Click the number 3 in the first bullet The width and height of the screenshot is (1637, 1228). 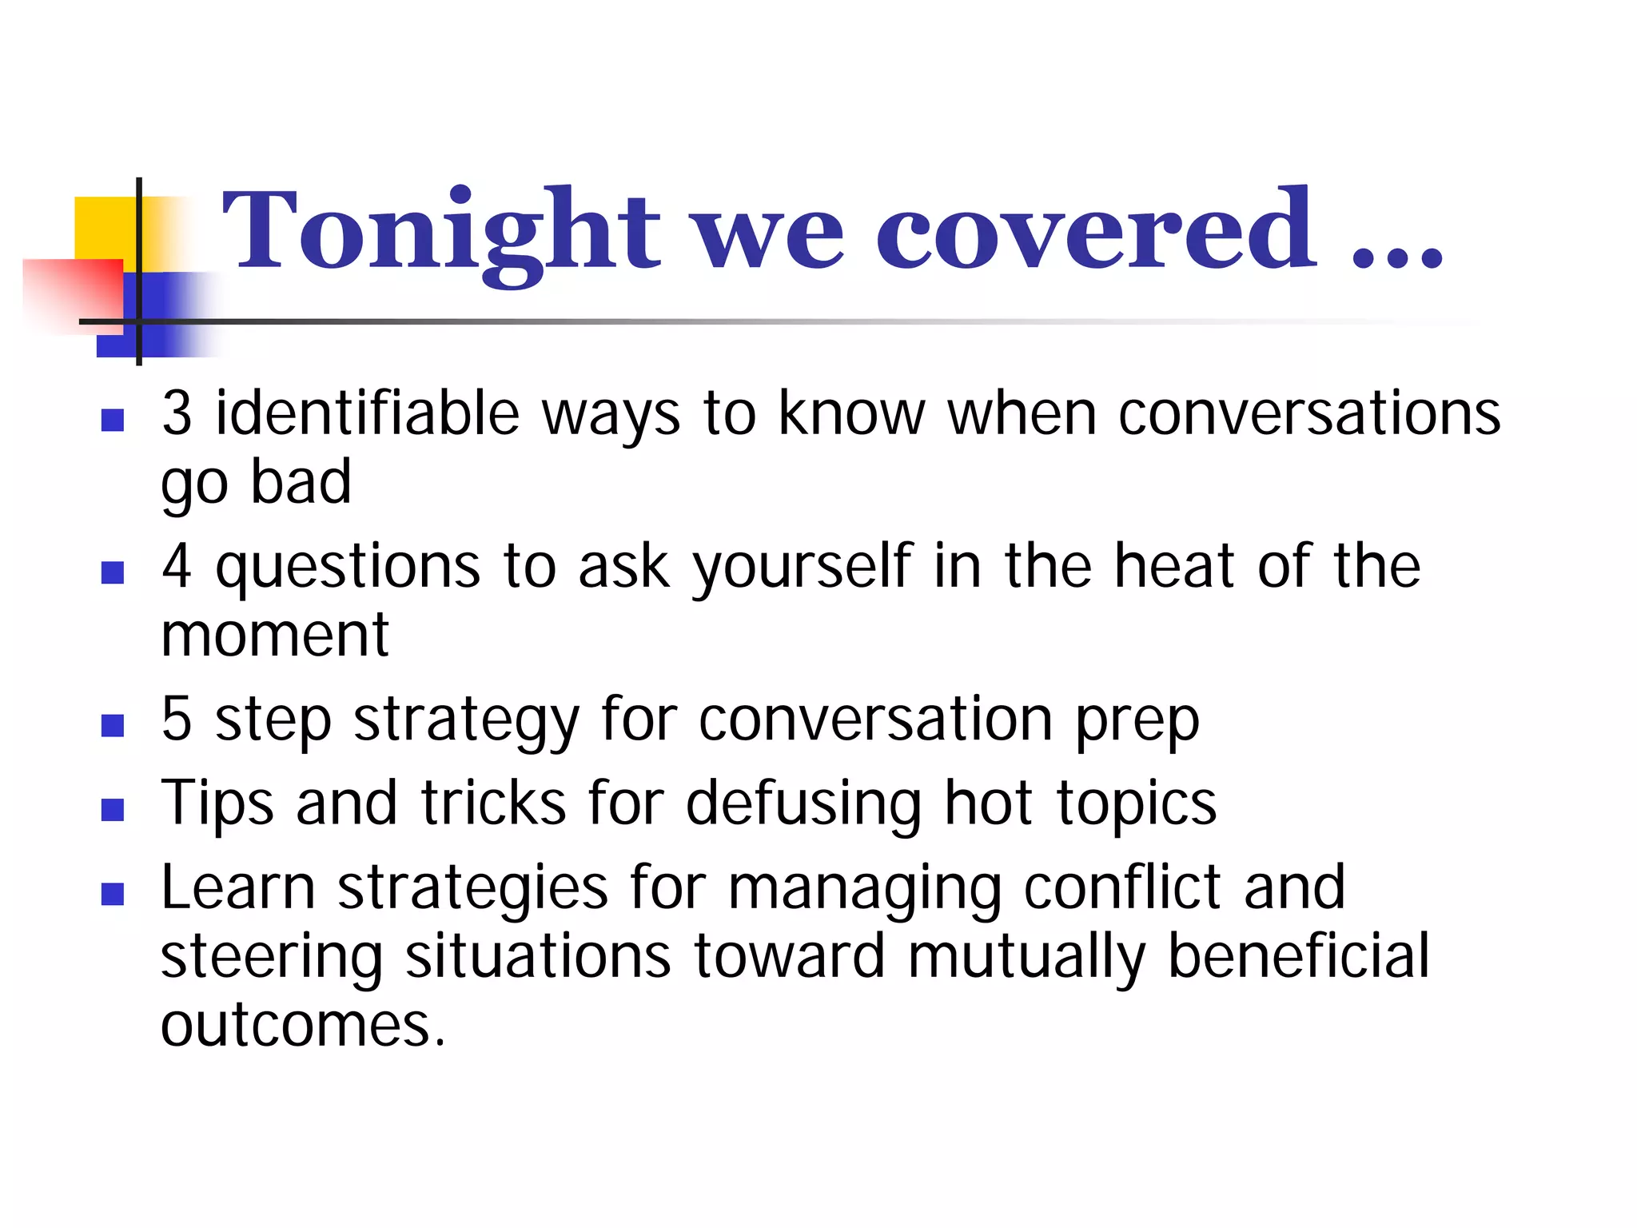(x=177, y=413)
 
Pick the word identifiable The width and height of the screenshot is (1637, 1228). (x=368, y=413)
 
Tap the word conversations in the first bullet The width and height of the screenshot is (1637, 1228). (x=1308, y=413)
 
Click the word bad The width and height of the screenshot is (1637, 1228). (x=301, y=482)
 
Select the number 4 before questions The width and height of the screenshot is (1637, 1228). (x=177, y=566)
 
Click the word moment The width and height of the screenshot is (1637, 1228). (x=274, y=636)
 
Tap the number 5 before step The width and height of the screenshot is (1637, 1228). (x=177, y=719)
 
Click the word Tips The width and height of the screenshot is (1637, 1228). (x=217, y=803)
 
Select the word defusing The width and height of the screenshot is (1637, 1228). (x=803, y=803)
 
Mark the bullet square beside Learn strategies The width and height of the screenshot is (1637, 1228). (x=113, y=893)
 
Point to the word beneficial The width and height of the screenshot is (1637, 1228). (x=1298, y=956)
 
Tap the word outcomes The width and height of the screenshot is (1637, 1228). (x=302, y=1026)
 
